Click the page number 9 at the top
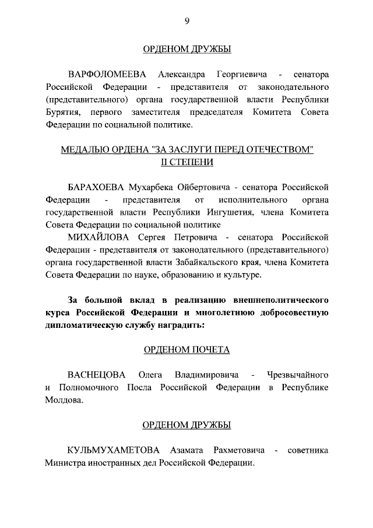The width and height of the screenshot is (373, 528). (187, 21)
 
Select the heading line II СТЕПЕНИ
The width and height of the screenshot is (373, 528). (187, 162)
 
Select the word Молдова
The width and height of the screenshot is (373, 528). (64, 400)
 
